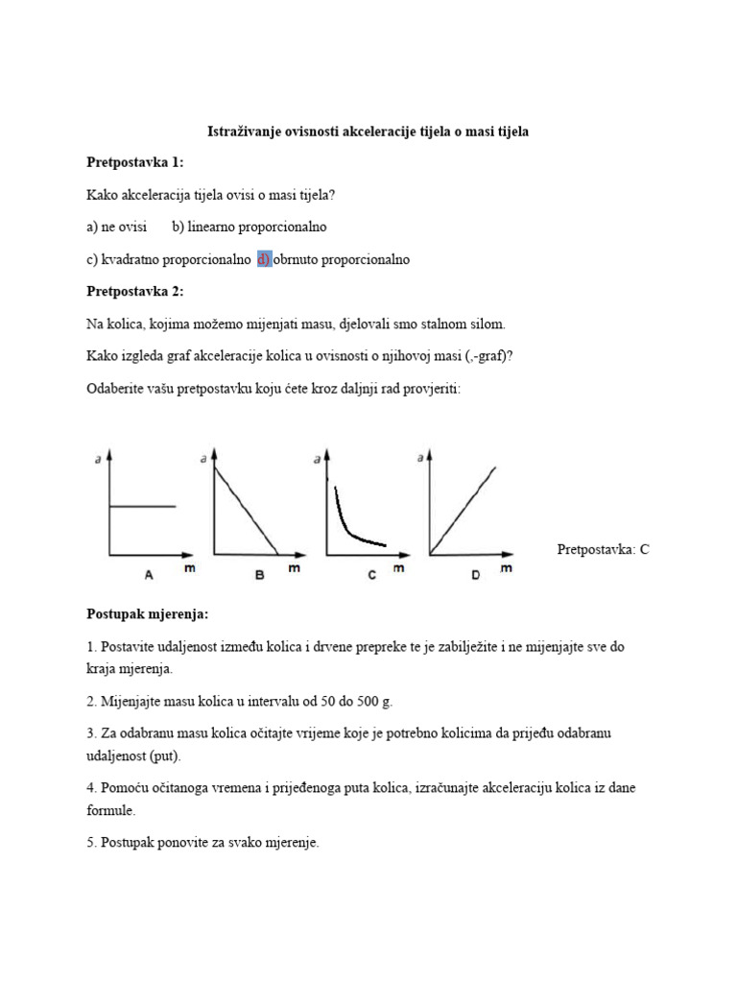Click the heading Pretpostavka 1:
coord(134,162)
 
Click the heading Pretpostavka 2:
coord(134,292)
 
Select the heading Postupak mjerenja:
coord(147,613)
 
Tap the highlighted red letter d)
coord(265,260)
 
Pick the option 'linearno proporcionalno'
coord(250,228)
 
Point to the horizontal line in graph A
coord(144,506)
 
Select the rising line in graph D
coord(464,509)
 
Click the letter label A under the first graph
coord(149,575)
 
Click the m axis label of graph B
coord(294,568)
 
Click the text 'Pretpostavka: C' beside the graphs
coord(603,550)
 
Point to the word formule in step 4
coord(109,810)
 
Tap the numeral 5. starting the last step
coord(92,844)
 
